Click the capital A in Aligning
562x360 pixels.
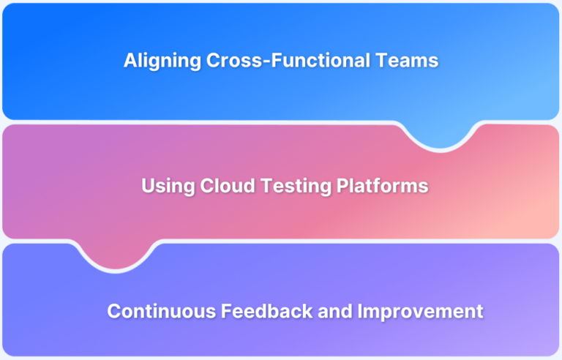point(130,61)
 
